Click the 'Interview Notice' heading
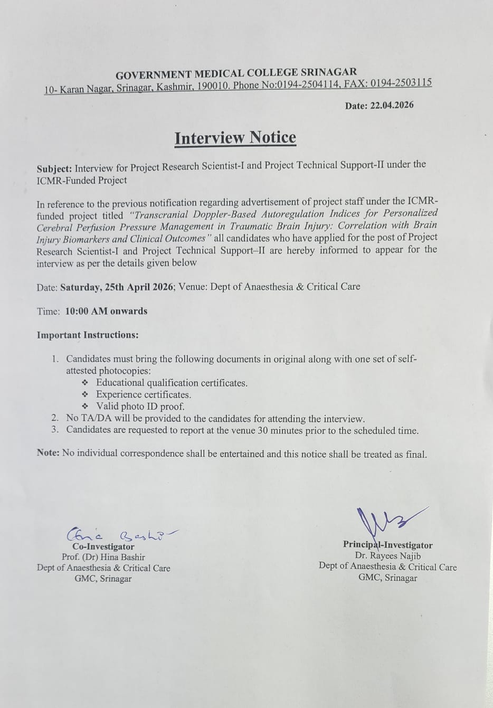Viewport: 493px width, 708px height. [235, 138]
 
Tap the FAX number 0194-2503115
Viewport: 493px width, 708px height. [401, 83]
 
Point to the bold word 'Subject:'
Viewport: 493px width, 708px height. [54, 169]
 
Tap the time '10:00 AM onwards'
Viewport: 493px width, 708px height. [106, 311]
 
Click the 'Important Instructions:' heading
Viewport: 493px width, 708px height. [88, 335]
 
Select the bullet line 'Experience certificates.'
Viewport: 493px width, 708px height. [144, 394]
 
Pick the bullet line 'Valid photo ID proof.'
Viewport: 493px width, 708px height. [140, 406]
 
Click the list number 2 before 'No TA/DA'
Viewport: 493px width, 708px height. [55, 418]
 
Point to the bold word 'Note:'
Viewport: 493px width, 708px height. [48, 453]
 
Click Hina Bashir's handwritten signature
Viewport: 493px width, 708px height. [122, 534]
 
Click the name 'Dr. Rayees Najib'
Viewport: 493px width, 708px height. [388, 555]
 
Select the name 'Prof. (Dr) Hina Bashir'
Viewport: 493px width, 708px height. [103, 556]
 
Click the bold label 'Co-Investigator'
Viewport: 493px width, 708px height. [103, 546]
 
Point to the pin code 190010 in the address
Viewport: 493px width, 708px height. [213, 86]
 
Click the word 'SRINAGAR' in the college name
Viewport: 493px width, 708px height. [328, 72]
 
